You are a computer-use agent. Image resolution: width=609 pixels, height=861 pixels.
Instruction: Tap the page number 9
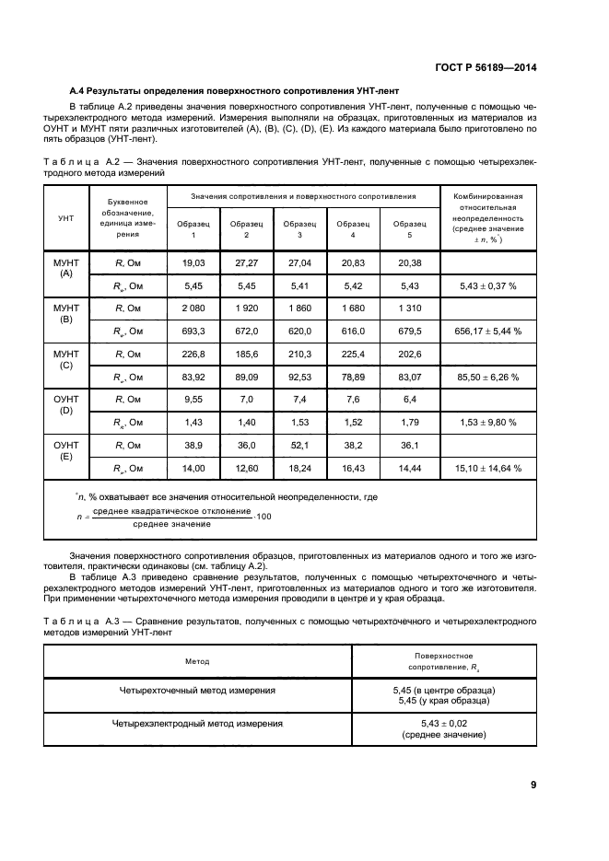point(533,785)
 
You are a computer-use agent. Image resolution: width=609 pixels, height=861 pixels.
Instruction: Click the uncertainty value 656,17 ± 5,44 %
point(488,331)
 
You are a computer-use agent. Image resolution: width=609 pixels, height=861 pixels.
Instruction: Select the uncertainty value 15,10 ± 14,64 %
point(488,468)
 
